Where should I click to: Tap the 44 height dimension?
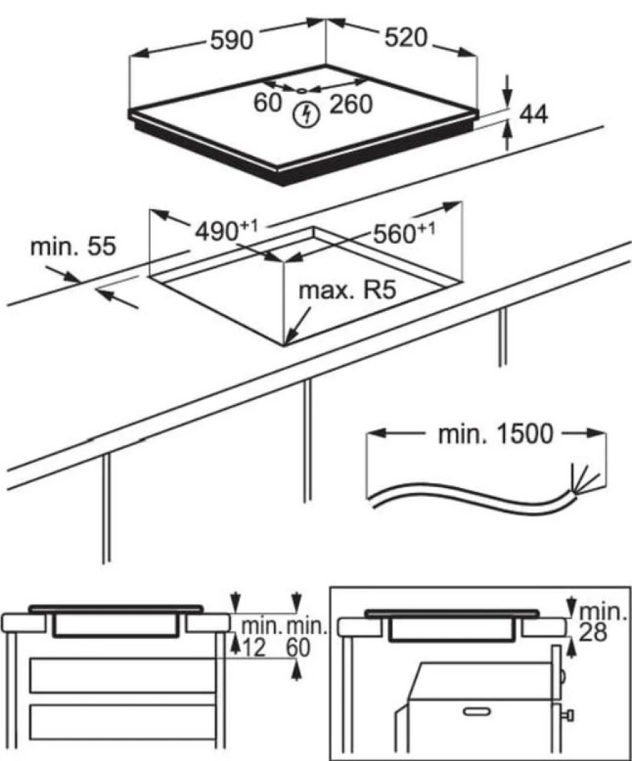click(x=533, y=114)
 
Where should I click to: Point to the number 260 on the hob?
click(x=349, y=104)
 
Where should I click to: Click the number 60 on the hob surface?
click(x=268, y=102)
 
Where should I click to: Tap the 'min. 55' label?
click(x=73, y=246)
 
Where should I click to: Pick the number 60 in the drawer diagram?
click(x=298, y=649)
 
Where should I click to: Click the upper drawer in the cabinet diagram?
click(x=121, y=676)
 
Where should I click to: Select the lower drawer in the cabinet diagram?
click(x=121, y=722)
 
